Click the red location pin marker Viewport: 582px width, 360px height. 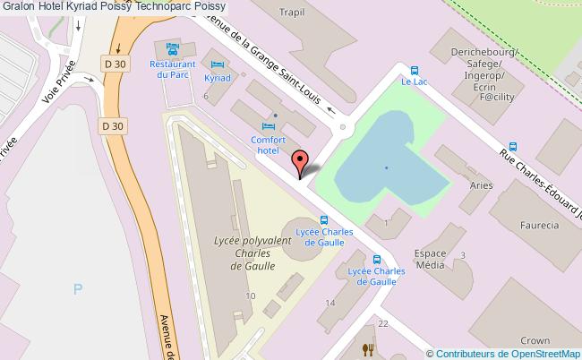pyautogui.click(x=301, y=160)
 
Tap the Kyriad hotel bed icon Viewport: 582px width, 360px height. pyautogui.click(x=218, y=64)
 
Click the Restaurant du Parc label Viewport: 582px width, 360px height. pyautogui.click(x=173, y=70)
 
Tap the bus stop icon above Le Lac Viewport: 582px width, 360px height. pyautogui.click(x=414, y=70)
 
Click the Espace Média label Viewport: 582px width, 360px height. pyautogui.click(x=430, y=259)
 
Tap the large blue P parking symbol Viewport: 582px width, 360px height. pyautogui.click(x=77, y=289)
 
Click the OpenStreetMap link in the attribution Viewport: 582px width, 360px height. pyautogui.click(x=542, y=353)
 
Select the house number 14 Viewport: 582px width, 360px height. pyautogui.click(x=330, y=304)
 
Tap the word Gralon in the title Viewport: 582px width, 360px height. pyautogui.click(x=19, y=6)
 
